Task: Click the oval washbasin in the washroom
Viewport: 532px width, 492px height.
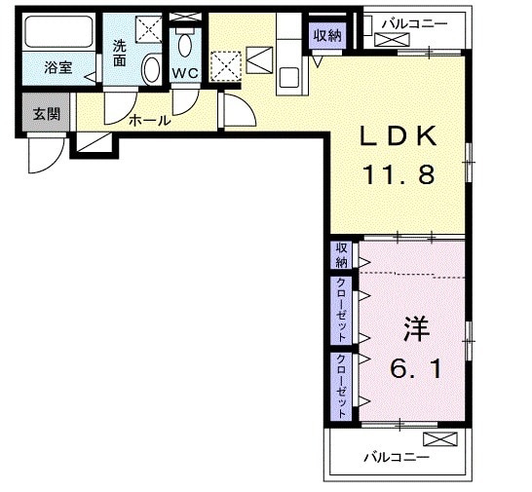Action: point(150,69)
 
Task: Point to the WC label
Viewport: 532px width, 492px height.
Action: point(185,74)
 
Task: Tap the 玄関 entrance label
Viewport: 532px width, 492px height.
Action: point(45,114)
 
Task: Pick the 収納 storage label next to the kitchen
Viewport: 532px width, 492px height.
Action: point(326,35)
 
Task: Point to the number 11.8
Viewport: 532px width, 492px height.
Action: point(400,176)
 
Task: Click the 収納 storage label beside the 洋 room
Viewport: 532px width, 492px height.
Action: point(342,255)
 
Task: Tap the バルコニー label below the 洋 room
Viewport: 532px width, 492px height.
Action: point(396,456)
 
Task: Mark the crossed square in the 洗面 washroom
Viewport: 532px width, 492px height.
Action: point(148,30)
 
